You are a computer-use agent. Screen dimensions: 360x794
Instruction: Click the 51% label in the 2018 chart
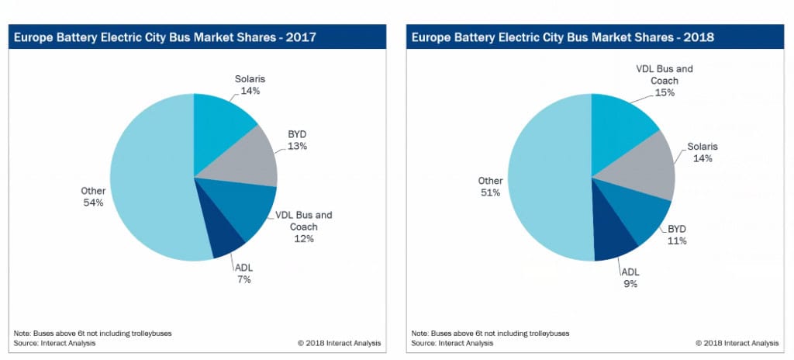491,192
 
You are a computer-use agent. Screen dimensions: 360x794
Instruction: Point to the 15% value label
665,92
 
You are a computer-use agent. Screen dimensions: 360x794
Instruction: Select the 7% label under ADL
243,279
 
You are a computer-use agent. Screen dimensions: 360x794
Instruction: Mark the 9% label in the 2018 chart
630,284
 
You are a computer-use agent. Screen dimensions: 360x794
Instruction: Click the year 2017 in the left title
299,36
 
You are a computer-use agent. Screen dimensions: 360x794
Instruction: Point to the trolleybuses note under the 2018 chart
490,333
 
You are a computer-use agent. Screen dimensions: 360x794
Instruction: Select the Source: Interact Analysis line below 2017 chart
55,343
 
